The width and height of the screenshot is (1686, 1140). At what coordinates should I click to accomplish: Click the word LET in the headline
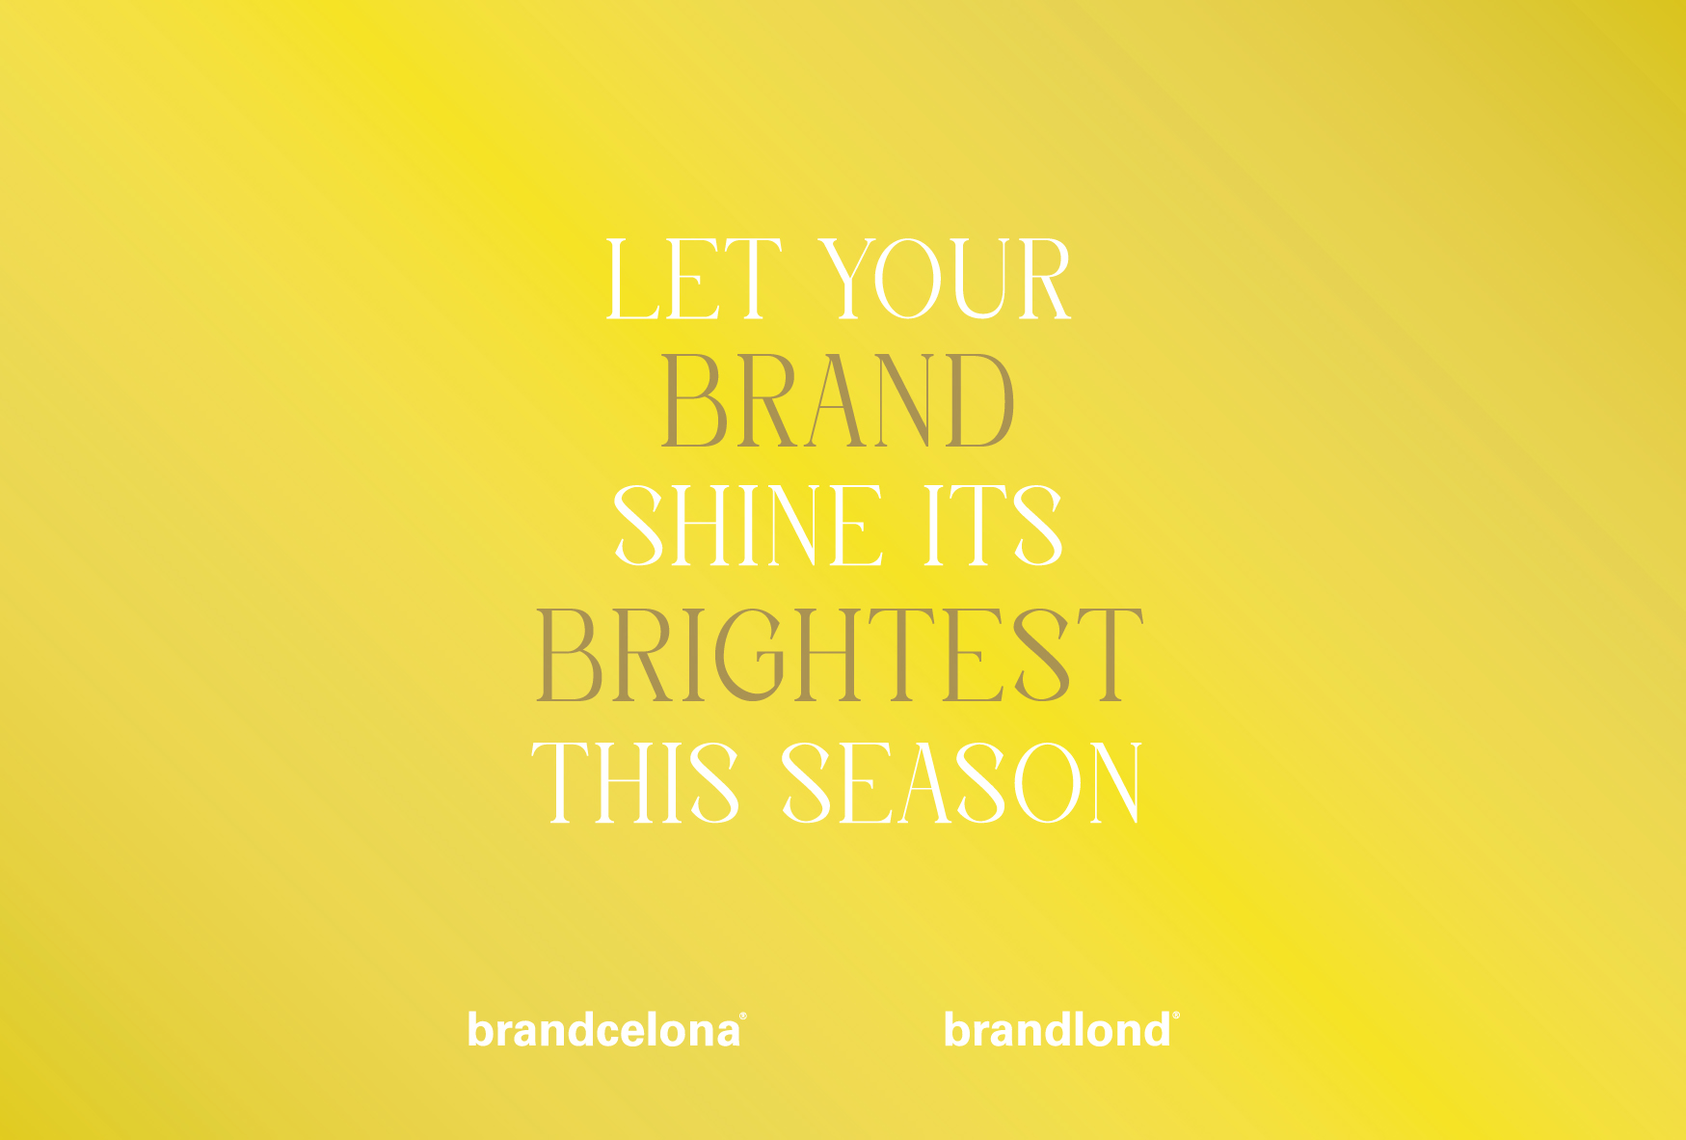click(692, 280)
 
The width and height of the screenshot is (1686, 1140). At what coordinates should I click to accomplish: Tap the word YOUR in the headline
click(946, 280)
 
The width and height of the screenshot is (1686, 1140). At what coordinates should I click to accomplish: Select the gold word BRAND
click(838, 401)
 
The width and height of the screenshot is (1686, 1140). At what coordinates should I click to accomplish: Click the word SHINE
click(749, 526)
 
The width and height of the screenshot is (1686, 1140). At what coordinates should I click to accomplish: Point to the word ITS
click(993, 526)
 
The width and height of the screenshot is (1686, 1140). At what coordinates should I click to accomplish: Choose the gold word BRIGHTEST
click(839, 655)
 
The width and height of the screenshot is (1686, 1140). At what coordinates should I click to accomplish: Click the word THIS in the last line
click(636, 783)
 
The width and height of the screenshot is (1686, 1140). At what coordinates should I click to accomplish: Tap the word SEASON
click(962, 783)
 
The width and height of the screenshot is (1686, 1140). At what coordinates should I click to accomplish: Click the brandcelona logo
click(606, 1029)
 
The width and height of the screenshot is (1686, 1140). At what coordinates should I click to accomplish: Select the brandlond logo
click(1061, 1029)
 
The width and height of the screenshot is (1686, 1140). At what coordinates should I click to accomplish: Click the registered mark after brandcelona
click(742, 1016)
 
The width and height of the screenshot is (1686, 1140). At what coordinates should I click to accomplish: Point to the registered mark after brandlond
click(1175, 1016)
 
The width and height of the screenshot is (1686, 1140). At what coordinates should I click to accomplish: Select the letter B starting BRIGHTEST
click(569, 655)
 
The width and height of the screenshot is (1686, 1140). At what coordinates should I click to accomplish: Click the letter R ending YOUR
click(1040, 280)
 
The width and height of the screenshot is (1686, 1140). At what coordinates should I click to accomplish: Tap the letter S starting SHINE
click(638, 526)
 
